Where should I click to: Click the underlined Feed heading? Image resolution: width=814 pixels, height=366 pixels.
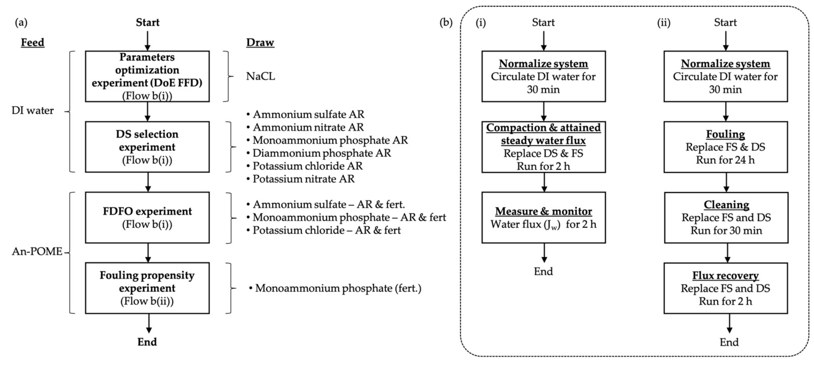[x=33, y=42]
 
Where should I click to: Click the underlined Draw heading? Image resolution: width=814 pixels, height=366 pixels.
[x=260, y=42]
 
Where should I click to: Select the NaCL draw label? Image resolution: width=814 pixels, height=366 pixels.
[x=260, y=76]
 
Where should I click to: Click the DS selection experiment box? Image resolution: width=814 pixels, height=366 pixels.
[x=147, y=147]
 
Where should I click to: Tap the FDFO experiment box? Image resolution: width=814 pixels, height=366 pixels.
[x=147, y=217]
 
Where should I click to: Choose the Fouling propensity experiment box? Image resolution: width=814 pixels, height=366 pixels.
[x=147, y=288]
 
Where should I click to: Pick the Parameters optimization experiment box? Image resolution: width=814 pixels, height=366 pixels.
[x=147, y=76]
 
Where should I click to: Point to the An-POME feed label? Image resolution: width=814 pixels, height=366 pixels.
[x=37, y=251]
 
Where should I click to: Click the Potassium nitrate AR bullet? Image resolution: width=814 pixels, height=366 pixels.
[x=303, y=179]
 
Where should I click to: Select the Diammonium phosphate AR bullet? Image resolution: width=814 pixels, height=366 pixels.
[x=321, y=153]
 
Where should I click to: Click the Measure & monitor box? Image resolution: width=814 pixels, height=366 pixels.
[x=543, y=217]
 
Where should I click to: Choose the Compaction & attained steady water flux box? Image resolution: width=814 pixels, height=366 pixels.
[x=543, y=147]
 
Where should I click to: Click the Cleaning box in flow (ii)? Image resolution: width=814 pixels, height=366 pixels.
[x=726, y=217]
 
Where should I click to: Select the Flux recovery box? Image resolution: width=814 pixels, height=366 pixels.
[x=726, y=288]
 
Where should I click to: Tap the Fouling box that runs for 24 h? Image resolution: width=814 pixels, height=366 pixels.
[x=726, y=147]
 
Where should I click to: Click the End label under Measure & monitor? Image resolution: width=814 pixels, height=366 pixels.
[x=543, y=271]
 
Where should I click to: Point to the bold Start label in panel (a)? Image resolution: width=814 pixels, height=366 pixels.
[x=148, y=23]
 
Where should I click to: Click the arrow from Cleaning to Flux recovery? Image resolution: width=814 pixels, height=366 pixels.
[x=727, y=253]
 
